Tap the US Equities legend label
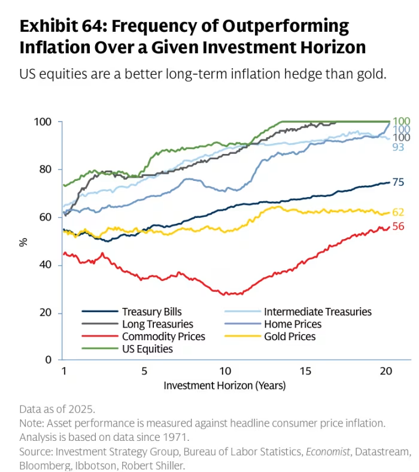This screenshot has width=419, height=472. coord(147,349)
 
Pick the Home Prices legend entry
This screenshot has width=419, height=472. coord(293,324)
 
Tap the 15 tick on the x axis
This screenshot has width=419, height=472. coord(305,371)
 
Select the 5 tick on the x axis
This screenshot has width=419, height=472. coord(144,371)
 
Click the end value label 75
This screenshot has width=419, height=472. coord(398,182)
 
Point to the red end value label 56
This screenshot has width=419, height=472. coord(398,226)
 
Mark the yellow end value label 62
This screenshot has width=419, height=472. coord(398,212)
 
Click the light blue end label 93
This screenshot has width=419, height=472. coord(398,147)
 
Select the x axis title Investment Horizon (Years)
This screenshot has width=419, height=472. coord(224,386)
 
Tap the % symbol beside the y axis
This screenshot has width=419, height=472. coord(23,242)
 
